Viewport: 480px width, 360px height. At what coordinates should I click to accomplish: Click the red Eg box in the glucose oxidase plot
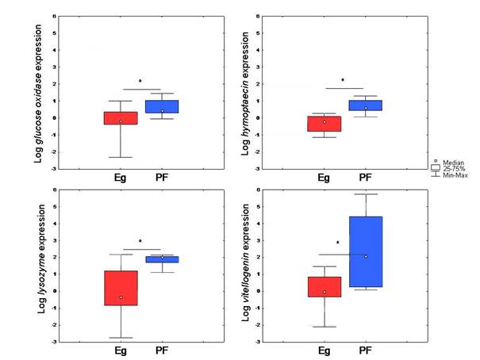pos(121,118)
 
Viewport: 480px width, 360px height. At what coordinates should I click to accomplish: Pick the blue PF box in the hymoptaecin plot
pos(367,105)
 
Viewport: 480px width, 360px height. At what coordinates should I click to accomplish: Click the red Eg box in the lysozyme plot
pos(121,288)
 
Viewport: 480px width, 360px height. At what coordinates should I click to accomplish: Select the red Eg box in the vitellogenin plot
pos(324,286)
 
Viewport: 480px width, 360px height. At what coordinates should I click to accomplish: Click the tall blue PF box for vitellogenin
pos(366,251)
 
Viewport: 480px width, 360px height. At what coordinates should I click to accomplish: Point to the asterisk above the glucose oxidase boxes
pos(140,82)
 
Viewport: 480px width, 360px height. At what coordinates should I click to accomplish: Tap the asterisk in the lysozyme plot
pos(140,242)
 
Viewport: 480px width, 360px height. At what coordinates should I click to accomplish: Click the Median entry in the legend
pos(449,161)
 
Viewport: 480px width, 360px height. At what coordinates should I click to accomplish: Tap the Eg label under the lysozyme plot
pos(121,350)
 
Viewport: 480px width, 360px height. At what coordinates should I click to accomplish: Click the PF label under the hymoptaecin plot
pos(366,178)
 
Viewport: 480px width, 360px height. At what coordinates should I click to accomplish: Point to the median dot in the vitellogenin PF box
pos(366,256)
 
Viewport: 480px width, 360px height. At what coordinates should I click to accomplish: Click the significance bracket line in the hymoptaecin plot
pos(344,88)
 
